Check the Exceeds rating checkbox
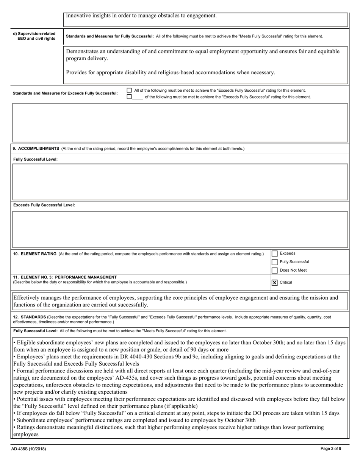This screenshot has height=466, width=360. pyautogui.click(x=275, y=253)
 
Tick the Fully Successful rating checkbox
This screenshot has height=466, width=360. pyautogui.click(x=275, y=262)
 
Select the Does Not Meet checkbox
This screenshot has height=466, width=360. pyautogui.click(x=275, y=271)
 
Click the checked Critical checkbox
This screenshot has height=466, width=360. pyautogui.click(x=275, y=283)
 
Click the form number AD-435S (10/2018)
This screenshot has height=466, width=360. pyautogui.click(x=29, y=449)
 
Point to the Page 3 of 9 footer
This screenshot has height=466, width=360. pyautogui.click(x=330, y=449)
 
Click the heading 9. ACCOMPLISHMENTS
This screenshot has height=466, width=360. pyautogui.click(x=36, y=149)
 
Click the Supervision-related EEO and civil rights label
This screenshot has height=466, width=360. pyautogui.click(x=34, y=36)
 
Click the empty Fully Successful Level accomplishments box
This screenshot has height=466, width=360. pyautogui.click(x=180, y=182)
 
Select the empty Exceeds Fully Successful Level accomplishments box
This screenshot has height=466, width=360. pyautogui.click(x=180, y=229)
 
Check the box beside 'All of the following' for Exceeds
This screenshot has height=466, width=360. pyautogui.click(x=129, y=91)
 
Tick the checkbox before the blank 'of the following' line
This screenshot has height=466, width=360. pyautogui.click(x=129, y=97)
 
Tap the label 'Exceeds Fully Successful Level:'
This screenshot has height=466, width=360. pyautogui.click(x=44, y=205)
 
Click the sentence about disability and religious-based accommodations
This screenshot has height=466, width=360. pyautogui.click(x=171, y=72)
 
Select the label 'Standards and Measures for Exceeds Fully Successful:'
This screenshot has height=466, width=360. pyautogui.click(x=65, y=94)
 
